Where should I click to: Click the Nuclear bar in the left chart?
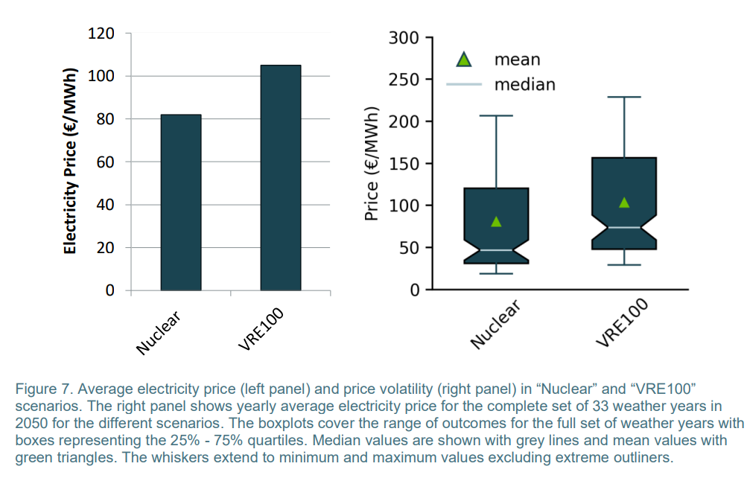tap(180, 203)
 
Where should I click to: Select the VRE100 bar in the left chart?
tap(281, 178)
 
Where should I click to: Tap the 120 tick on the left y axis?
tap(101, 34)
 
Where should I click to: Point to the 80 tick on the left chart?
tap(105, 119)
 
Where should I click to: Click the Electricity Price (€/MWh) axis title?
tap(70, 162)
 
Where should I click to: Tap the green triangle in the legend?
tap(464, 59)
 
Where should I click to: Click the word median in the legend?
tap(524, 84)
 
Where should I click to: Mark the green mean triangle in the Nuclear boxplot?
tap(496, 221)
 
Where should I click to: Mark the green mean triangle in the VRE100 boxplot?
tap(624, 203)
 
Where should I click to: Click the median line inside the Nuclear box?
tap(496, 250)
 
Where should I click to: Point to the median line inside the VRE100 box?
tap(624, 227)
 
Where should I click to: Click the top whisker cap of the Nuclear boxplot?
tap(496, 115)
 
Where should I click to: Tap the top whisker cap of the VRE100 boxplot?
tap(624, 97)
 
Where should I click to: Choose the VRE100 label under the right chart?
tap(623, 322)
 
